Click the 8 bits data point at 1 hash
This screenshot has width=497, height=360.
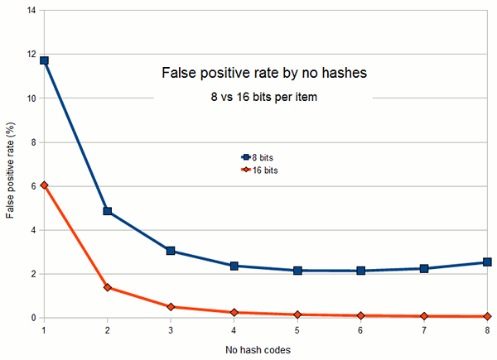point(44,60)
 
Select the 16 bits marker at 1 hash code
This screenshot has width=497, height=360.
point(44,185)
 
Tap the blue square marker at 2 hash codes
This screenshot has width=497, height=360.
point(108,211)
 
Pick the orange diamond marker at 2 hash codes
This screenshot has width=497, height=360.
point(108,287)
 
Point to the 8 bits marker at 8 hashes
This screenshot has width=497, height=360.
point(488,262)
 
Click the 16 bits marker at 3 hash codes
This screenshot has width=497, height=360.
point(171,307)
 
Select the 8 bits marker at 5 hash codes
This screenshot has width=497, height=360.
point(297,271)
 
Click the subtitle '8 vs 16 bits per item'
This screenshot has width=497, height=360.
point(263,98)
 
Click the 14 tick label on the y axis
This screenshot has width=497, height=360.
point(31,12)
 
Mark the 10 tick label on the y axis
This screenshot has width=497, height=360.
point(31,98)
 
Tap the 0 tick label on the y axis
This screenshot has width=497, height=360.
point(33,318)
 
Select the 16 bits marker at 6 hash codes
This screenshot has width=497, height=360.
point(361,315)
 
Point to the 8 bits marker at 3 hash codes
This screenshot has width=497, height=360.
point(171,251)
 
